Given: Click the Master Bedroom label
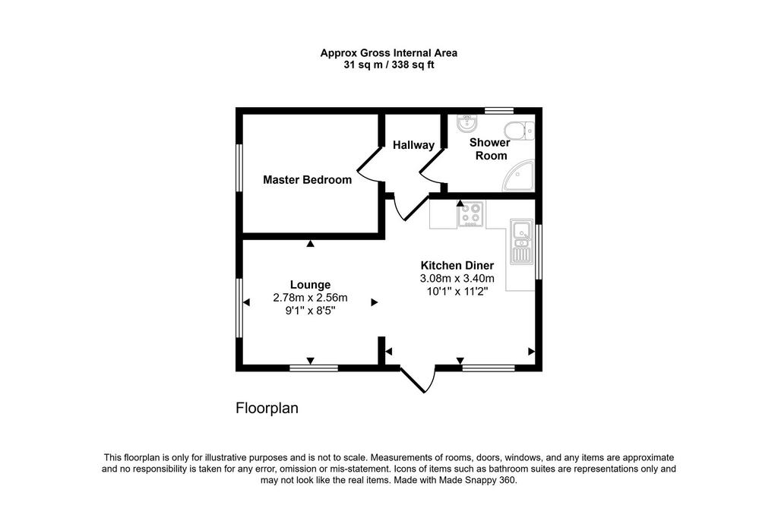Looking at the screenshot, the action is pyautogui.click(x=307, y=179).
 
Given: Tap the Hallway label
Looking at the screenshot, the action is pyautogui.click(x=413, y=145).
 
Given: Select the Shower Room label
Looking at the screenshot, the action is pyautogui.click(x=490, y=149).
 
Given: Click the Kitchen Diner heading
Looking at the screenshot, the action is pyautogui.click(x=457, y=265).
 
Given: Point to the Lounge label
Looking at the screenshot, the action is pyautogui.click(x=310, y=285).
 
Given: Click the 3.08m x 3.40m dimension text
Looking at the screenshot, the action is pyautogui.click(x=457, y=278).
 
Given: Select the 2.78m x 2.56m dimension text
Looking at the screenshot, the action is pyautogui.click(x=310, y=298).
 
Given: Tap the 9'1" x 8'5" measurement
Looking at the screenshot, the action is pyautogui.click(x=310, y=311).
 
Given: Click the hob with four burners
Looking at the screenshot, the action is pyautogui.click(x=471, y=214).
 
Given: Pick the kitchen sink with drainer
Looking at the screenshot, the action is pyautogui.click(x=521, y=242).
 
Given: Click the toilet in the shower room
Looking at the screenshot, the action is pyautogui.click(x=519, y=131).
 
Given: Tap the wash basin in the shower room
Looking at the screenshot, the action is pyautogui.click(x=467, y=123).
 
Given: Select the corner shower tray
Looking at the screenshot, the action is pyautogui.click(x=518, y=175).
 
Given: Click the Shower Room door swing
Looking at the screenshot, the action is pyautogui.click(x=431, y=166).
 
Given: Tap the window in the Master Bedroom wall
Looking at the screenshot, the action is pyautogui.click(x=239, y=167).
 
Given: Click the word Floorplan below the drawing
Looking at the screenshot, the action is pyautogui.click(x=267, y=409).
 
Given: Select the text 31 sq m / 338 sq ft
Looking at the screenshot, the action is pyautogui.click(x=389, y=65).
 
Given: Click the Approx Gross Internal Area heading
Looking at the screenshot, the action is pyautogui.click(x=389, y=53).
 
